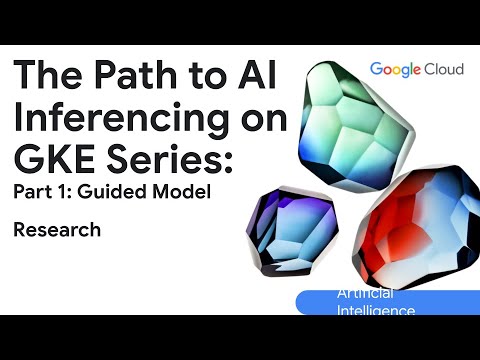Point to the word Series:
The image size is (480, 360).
[174, 159]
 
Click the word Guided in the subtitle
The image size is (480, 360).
[126, 193]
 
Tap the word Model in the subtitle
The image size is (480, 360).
[186, 193]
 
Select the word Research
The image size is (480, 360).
[57, 230]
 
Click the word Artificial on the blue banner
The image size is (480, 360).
[365, 294]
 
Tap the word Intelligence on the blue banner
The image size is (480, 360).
[376, 311]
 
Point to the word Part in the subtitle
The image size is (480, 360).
[36, 193]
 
